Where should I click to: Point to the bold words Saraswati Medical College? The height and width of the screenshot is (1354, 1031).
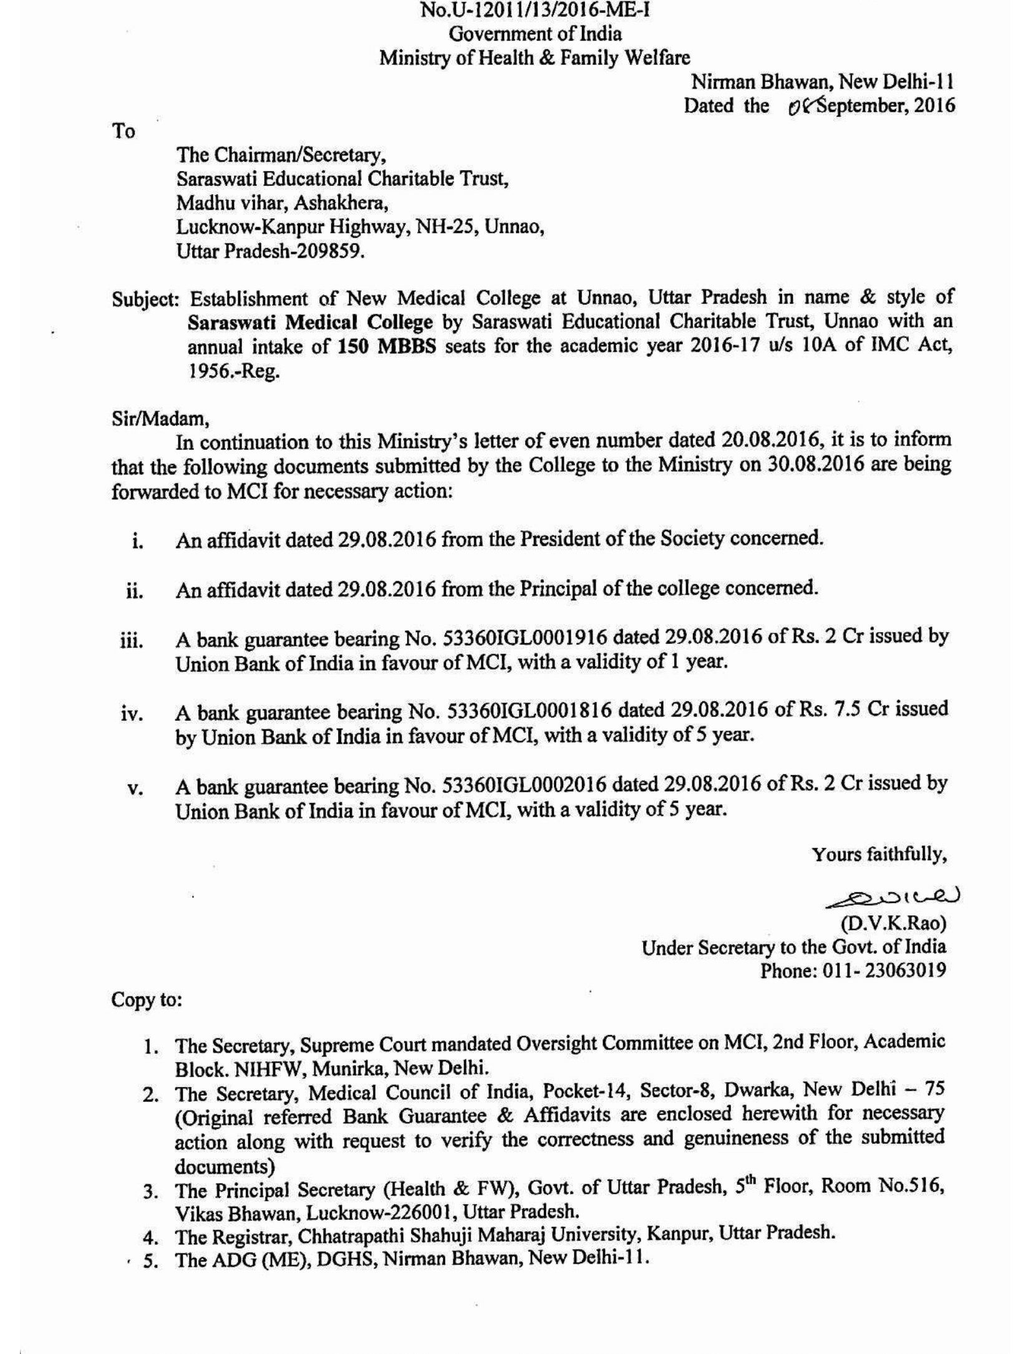[311, 322]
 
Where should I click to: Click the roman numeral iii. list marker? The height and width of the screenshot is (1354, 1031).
[132, 641]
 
